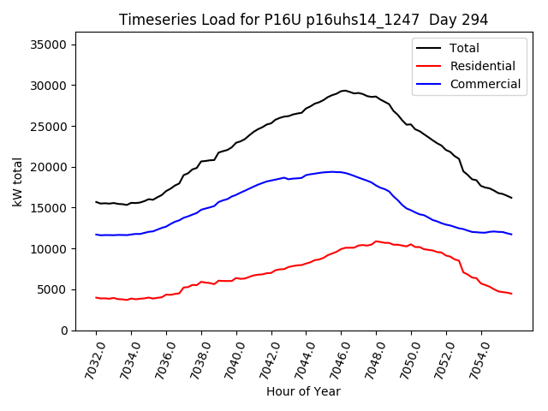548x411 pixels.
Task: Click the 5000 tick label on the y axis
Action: [x=58, y=289]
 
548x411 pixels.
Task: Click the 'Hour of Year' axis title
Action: [x=303, y=392]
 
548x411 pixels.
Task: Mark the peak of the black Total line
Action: [x=343, y=90]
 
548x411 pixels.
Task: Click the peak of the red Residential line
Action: [x=376, y=241]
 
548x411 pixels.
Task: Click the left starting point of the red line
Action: [x=96, y=297]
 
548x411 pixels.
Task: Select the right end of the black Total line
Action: [x=511, y=198]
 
